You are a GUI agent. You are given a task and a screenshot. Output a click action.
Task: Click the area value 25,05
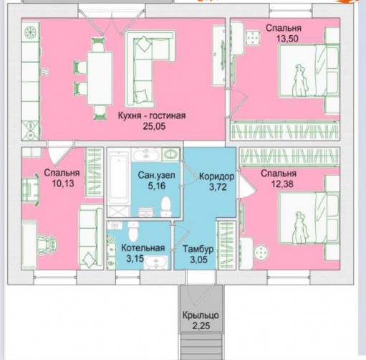coord(154,126)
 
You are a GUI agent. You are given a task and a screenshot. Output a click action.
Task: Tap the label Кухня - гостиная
coord(152,115)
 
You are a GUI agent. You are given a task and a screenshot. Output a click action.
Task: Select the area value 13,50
coord(287,38)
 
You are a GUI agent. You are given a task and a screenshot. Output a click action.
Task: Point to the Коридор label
coord(217,176)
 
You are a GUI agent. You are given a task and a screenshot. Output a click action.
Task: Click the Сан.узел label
coord(156,175)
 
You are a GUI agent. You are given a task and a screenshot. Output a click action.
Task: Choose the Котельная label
coord(143,248)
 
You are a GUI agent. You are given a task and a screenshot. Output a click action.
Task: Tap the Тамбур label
coord(198,249)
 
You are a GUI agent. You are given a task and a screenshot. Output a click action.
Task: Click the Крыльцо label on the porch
coord(201,316)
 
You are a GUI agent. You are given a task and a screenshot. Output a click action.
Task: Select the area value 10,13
coord(63,184)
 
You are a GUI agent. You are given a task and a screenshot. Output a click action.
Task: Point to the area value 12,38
coord(282,184)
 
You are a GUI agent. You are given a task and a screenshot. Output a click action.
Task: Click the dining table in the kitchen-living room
coord(100,78)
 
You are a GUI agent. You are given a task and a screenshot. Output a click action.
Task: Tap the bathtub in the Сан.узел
coord(119,178)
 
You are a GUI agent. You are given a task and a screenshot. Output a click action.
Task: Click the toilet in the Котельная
coord(133,231)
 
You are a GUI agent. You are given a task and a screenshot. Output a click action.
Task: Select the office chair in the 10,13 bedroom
coord(47,244)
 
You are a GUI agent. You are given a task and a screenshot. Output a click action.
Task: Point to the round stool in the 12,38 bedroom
coord(261,252)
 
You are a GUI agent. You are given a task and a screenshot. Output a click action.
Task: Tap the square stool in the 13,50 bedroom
coord(253,37)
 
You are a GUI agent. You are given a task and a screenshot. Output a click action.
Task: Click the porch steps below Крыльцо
coord(201,346)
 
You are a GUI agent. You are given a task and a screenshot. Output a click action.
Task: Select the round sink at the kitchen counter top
coord(31,32)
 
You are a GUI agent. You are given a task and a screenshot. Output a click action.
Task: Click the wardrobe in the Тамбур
coord(226,245)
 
